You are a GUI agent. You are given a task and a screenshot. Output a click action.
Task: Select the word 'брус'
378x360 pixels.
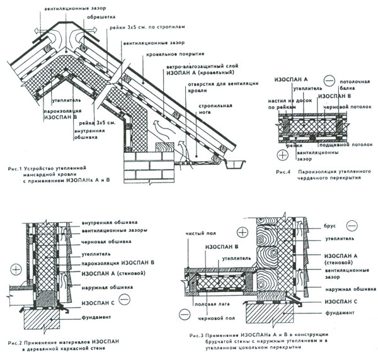tap(329, 222)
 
